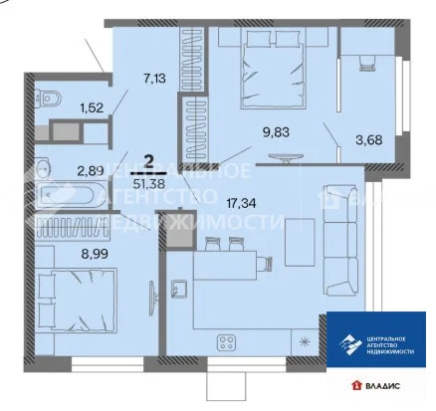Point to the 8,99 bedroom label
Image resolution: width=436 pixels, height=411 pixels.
[95, 254]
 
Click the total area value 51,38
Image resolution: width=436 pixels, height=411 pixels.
[148, 181]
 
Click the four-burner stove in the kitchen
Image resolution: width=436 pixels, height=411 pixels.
[226, 344]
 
